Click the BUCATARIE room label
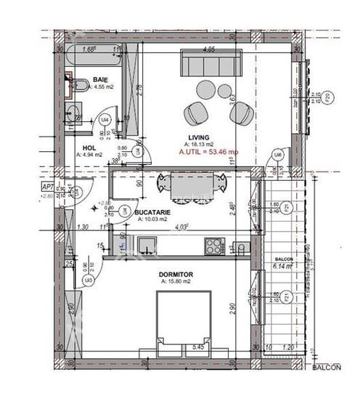pos(152,213)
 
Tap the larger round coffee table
pos(205,90)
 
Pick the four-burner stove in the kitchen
pos(215,246)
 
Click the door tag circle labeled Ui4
pos(105,120)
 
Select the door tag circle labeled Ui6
pos(278,154)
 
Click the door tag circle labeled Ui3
pos(88,280)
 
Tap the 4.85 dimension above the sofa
pos(209,50)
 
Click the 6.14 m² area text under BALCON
pos(282,267)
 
